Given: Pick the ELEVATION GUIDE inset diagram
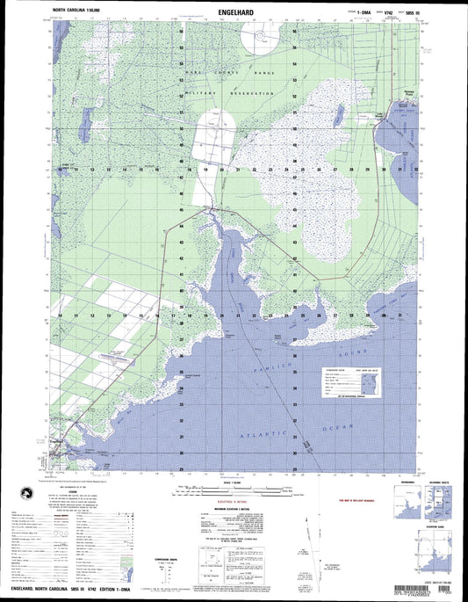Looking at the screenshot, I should (436, 555).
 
